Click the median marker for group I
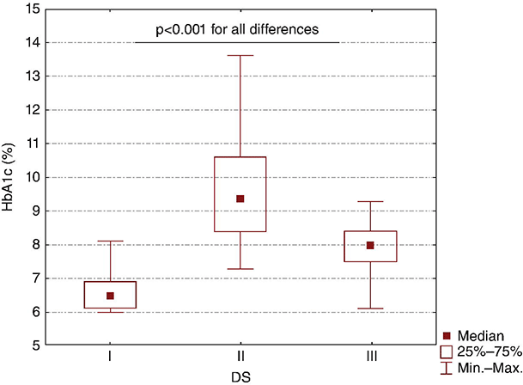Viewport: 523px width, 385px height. [110, 296]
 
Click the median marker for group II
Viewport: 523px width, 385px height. [240, 199]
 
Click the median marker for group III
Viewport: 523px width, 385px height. [371, 245]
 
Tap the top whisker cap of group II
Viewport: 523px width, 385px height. [240, 55]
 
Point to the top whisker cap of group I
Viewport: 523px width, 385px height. [110, 241]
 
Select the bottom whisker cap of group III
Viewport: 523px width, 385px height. [371, 309]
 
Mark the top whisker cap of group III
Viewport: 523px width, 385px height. [371, 201]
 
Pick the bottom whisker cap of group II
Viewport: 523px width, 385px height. [240, 269]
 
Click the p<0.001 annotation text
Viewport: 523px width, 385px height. [237, 29]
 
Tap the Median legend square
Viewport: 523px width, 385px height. [447, 335]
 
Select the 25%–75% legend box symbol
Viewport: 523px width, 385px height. [447, 351]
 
